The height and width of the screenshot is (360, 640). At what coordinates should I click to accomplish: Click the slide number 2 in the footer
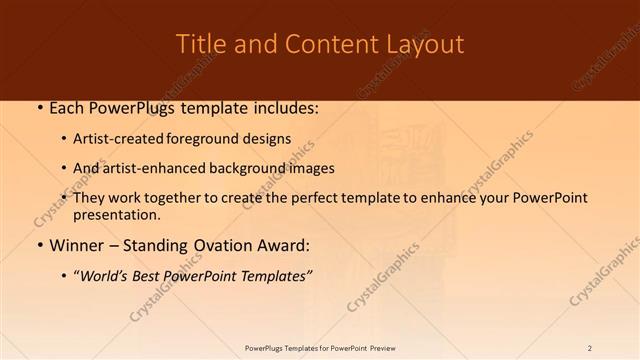[x=590, y=348]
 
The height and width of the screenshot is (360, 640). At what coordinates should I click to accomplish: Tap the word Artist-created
[x=120, y=139]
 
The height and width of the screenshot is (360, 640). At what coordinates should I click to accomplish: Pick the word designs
[x=268, y=139]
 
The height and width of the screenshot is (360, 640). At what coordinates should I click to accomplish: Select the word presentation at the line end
[x=115, y=214]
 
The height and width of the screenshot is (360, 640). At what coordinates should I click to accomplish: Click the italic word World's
[x=103, y=276]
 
